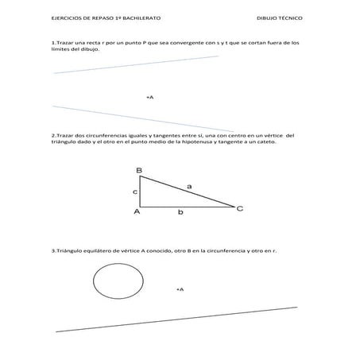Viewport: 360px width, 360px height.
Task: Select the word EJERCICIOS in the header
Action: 68,17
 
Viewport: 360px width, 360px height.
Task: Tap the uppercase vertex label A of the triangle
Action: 137,212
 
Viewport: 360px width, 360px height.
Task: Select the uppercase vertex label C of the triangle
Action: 240,208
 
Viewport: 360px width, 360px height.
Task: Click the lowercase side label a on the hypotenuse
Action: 189,186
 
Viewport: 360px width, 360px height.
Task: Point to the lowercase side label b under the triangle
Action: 180,213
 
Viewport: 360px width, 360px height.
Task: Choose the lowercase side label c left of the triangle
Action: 135,192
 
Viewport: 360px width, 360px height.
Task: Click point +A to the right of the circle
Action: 180,289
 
